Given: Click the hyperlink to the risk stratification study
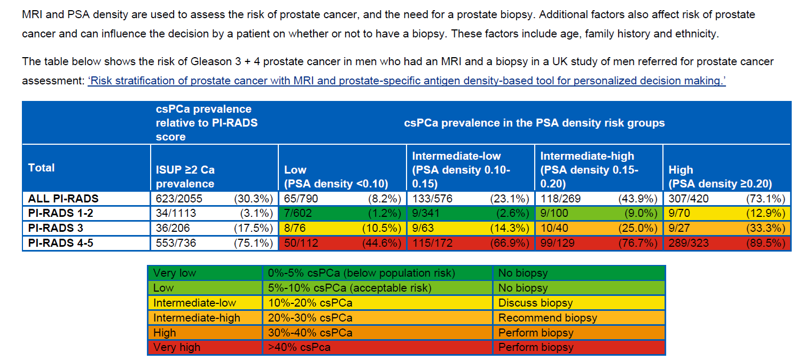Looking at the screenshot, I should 407,81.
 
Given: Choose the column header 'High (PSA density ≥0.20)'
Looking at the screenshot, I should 720,176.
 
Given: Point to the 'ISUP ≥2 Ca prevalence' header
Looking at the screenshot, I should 185,176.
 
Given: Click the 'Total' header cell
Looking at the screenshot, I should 42,168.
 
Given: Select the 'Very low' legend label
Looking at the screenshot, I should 174,273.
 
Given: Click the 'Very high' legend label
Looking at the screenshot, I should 176,347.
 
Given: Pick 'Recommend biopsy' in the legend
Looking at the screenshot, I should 547,318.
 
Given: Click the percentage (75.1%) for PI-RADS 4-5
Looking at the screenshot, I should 254,243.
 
